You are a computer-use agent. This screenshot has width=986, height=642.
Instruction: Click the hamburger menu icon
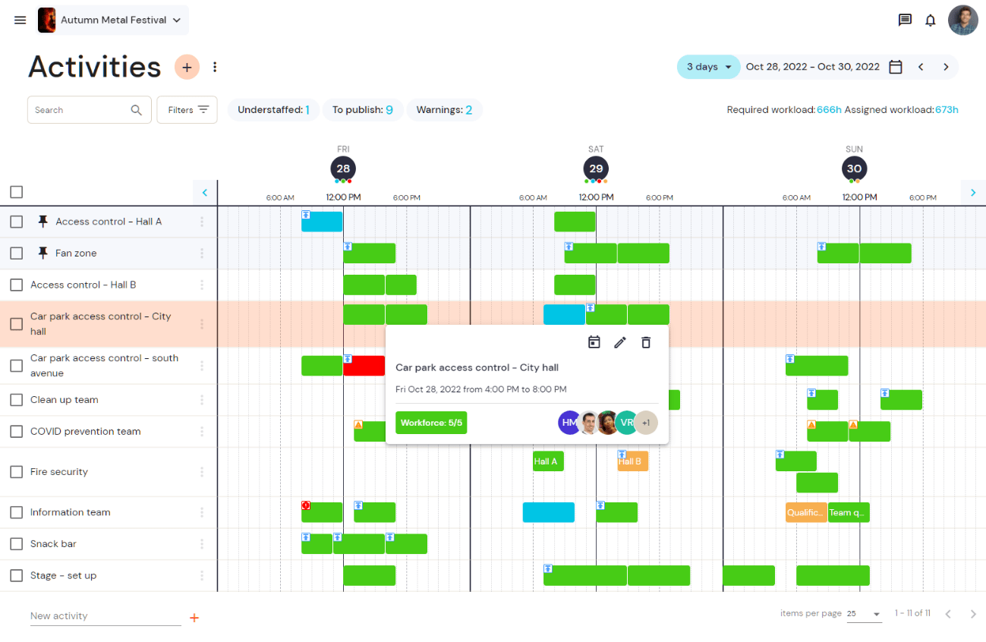[20, 20]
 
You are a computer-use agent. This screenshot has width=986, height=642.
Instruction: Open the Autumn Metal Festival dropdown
[113, 20]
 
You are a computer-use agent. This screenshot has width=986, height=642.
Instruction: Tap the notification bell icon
[930, 20]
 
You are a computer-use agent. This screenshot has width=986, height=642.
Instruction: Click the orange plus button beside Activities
[187, 67]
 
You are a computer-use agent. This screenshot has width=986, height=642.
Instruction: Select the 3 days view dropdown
[708, 67]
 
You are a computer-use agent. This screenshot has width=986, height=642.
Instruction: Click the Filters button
[187, 109]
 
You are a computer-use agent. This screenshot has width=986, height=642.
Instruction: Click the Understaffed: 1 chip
[273, 109]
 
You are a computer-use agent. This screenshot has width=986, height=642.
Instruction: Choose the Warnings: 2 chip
[444, 109]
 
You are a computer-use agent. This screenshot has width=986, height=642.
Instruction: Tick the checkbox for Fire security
[16, 472]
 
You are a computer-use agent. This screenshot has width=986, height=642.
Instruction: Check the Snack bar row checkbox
[16, 544]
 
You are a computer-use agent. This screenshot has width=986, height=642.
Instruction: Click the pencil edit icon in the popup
[620, 342]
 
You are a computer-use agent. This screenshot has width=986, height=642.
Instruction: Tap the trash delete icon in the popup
[646, 342]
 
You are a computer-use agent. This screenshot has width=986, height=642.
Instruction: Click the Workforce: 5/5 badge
[431, 423]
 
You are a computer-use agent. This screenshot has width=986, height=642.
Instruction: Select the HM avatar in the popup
[569, 423]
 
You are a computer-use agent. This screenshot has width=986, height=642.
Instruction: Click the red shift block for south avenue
[364, 366]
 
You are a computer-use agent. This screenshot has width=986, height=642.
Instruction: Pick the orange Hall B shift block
[632, 461]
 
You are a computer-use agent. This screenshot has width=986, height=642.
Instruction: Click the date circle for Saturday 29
[596, 168]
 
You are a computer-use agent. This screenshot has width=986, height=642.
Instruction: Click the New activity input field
[106, 616]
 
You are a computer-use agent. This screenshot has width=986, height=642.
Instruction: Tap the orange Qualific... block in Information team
[806, 512]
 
